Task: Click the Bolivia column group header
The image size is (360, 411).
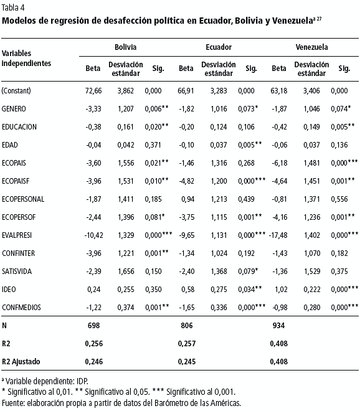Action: pyautogui.click(x=126, y=47)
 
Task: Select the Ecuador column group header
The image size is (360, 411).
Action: pyautogui.click(x=219, y=47)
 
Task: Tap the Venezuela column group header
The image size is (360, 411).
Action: pyautogui.click(x=311, y=47)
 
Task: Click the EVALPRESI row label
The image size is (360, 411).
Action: pyautogui.click(x=17, y=235)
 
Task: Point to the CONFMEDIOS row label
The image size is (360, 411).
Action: pyautogui.click(x=22, y=307)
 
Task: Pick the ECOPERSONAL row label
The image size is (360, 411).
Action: pyautogui.click(x=23, y=199)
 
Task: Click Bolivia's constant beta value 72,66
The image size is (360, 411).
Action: pyautogui.click(x=93, y=91)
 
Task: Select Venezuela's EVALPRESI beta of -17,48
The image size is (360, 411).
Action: pyautogui.click(x=278, y=235)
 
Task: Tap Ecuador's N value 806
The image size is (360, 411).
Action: pyautogui.click(x=187, y=326)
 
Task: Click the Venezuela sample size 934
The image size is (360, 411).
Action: pyautogui.click(x=278, y=326)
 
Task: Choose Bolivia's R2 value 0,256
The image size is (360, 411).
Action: pyautogui.click(x=94, y=344)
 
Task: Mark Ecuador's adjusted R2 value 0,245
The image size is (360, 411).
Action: pyautogui.click(x=187, y=362)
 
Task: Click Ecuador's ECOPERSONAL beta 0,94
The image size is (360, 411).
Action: pyautogui.click(x=187, y=199)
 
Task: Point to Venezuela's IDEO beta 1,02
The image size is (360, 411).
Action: pyautogui.click(x=281, y=290)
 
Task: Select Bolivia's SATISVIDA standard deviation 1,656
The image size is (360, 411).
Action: pyautogui.click(x=126, y=272)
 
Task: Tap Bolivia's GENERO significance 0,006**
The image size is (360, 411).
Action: pyautogui.click(x=156, y=109)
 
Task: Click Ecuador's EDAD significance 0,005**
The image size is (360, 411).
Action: pyautogui.click(x=250, y=145)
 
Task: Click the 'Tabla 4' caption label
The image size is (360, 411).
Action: pyautogui.click(x=13, y=7)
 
